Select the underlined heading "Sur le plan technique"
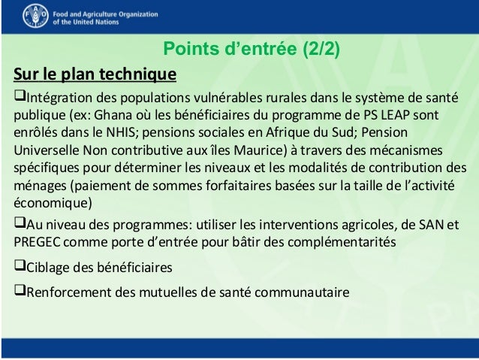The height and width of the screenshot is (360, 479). (x=94, y=75)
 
